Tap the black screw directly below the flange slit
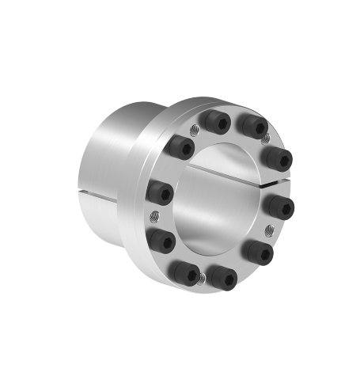coord(282,208)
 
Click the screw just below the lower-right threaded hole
coord(257,253)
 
